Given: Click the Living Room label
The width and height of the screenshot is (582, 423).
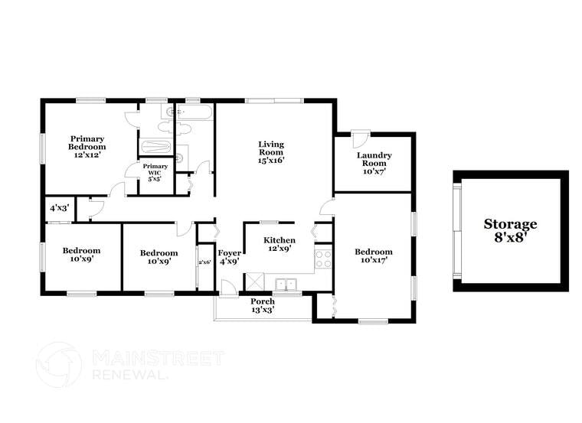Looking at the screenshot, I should pyautogui.click(x=270, y=152).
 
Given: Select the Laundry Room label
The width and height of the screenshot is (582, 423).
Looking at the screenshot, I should pyautogui.click(x=374, y=164).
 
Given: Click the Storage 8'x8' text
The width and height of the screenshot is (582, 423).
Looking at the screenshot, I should pyautogui.click(x=510, y=230).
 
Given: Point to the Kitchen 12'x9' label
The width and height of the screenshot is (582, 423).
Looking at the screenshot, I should pyautogui.click(x=279, y=244).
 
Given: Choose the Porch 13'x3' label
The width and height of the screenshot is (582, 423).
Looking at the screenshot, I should pyautogui.click(x=263, y=305).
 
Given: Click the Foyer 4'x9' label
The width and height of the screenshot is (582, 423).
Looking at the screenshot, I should pyautogui.click(x=229, y=257).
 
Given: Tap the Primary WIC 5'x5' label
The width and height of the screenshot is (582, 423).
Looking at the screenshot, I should pyautogui.click(x=155, y=172).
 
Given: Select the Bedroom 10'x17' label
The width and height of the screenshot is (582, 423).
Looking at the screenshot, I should pyautogui.click(x=374, y=256).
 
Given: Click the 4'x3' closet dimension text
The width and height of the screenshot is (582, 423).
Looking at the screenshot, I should pyautogui.click(x=59, y=208).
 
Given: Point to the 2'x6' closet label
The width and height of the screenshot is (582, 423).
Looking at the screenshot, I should pyautogui.click(x=204, y=262).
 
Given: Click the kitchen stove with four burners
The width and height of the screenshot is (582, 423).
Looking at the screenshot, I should pyautogui.click(x=323, y=259).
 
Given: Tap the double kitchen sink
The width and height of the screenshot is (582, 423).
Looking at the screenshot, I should pyautogui.click(x=286, y=284).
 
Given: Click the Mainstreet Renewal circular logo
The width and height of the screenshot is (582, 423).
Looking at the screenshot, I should pyautogui.click(x=58, y=364).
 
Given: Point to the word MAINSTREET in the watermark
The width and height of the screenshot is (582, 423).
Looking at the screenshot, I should pyautogui.click(x=158, y=358).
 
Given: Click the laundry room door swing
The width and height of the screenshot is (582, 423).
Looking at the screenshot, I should pyautogui.click(x=361, y=139).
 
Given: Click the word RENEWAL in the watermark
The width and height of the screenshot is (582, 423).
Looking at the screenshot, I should pyautogui.click(x=126, y=375).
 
